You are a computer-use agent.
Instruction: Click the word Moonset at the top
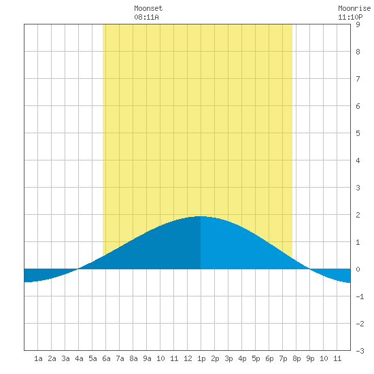[148, 8]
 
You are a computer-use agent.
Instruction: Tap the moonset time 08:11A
[146, 17]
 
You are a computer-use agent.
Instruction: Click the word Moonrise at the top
[354, 8]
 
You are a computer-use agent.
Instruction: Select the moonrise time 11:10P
[350, 17]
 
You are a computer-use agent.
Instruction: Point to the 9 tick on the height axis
[358, 24]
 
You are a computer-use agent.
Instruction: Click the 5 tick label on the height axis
[358, 133]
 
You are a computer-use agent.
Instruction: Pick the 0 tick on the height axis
[358, 269]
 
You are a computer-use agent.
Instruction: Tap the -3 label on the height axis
[360, 351]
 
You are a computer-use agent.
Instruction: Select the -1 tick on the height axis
[360, 296]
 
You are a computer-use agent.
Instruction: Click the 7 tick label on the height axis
[358, 79]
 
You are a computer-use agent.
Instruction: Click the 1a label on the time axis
[38, 358]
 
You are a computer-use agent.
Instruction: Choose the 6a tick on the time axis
[106, 358]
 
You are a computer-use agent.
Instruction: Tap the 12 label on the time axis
[188, 358]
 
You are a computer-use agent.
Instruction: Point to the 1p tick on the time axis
[201, 358]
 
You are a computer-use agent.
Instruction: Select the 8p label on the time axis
[296, 358]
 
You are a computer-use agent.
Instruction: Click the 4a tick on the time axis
[79, 358]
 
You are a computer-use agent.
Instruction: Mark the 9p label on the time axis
[310, 358]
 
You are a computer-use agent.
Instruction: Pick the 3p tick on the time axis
[228, 358]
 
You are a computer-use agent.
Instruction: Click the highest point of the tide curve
[201, 216]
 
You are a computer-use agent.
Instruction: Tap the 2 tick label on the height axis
[358, 215]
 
